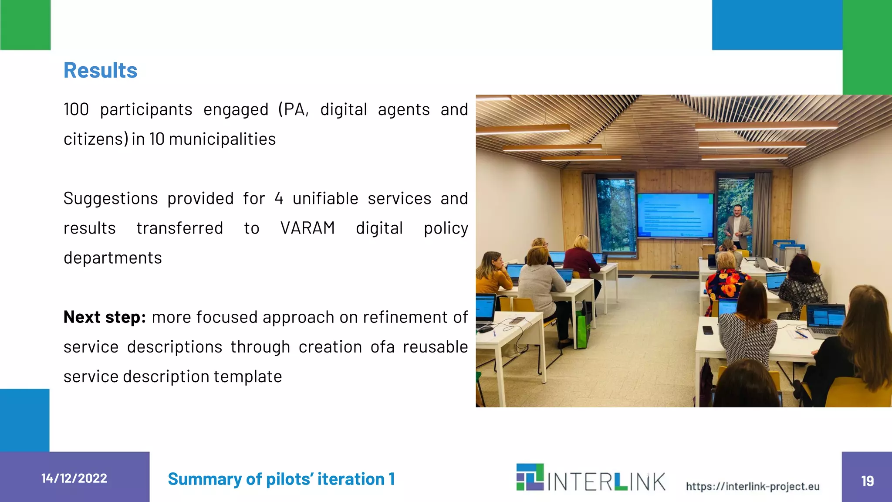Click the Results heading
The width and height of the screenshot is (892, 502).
click(100, 71)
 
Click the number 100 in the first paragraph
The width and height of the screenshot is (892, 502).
click(76, 109)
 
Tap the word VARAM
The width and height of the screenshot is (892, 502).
click(307, 228)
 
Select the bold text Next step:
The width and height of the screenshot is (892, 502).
click(105, 317)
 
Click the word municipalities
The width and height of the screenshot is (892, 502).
click(222, 139)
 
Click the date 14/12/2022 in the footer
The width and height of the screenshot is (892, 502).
click(74, 478)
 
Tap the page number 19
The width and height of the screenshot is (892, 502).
click(867, 481)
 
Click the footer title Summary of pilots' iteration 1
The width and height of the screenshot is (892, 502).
click(281, 479)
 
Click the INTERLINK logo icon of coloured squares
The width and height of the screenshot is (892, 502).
click(530, 477)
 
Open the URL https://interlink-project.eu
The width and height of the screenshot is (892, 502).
click(753, 486)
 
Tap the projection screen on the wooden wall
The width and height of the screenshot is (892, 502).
click(675, 215)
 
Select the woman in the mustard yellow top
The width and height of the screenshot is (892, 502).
click(492, 275)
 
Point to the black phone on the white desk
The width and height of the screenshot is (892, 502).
click(708, 330)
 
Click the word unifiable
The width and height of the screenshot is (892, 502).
click(325, 199)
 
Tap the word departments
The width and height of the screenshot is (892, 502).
click(113, 258)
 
